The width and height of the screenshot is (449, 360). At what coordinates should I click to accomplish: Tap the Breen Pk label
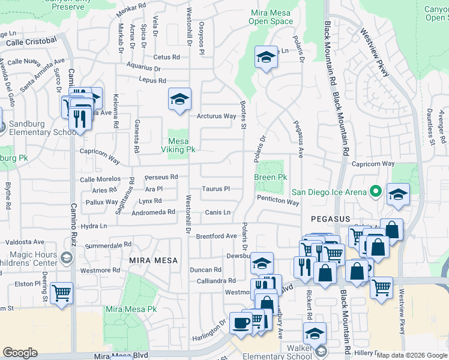coord(270,177)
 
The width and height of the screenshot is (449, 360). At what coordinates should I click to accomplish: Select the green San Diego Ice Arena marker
coord(376,193)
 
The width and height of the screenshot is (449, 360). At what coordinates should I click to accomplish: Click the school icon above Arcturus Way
coord(179,100)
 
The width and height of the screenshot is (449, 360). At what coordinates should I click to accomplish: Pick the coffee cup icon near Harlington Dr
coord(241,322)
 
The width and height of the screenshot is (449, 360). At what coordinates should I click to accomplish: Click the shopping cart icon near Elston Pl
coord(62,293)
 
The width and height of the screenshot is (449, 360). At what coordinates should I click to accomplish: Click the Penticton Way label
coord(277,202)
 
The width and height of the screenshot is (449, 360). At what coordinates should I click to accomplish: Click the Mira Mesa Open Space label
coord(270,17)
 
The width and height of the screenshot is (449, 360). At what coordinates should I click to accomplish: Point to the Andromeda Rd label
coord(154,212)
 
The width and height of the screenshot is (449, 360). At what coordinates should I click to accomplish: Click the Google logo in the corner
coord(20,353)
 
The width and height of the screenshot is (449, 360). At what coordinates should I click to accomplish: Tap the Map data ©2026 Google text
coord(412,355)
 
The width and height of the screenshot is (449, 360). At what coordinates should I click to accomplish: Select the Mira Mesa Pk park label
coord(127,309)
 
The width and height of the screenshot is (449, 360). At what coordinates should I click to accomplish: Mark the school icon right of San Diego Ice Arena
coord(398,195)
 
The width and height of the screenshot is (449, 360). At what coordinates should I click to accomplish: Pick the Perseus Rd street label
coord(161,177)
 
